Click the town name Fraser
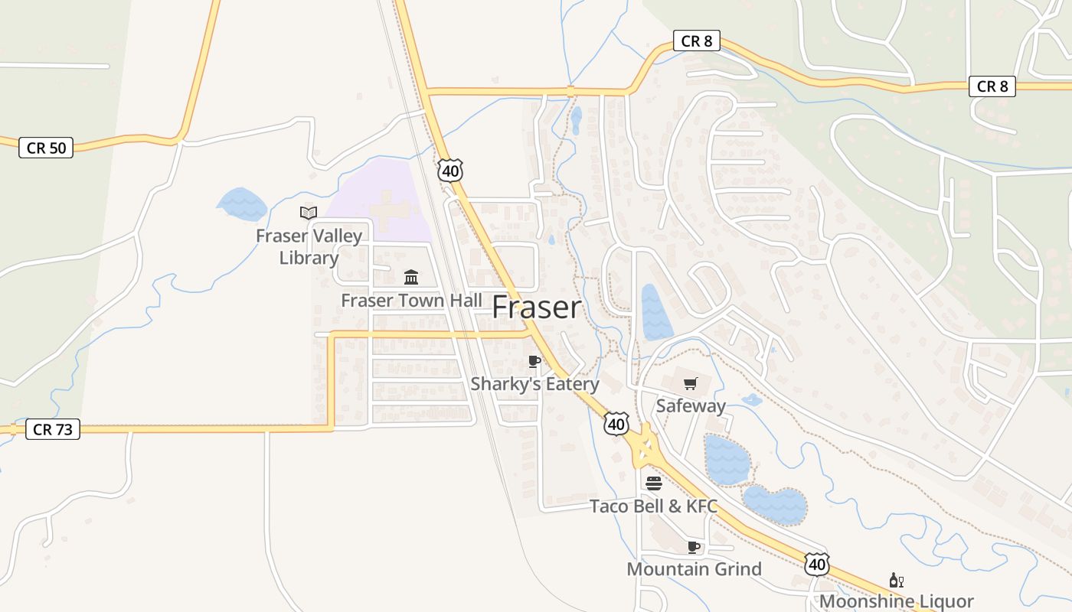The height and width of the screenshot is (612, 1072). pos(536,308)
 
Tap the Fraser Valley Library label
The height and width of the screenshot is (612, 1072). pos(309,246)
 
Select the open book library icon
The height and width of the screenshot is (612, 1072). pos(309,213)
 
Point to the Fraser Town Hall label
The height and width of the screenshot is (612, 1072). pos(411,301)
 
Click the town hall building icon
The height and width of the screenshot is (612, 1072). pos(411,277)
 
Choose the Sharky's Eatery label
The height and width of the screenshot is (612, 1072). pos(534,384)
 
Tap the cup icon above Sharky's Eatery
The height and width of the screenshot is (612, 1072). pos(534,361)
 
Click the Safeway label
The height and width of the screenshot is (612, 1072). pos(691,406)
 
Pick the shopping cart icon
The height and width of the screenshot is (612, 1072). pos(691,383)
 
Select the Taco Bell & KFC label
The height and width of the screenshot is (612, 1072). pos(653,506)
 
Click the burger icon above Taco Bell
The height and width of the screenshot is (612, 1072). pos(653,483)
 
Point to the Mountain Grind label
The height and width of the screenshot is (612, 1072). pos(694,569)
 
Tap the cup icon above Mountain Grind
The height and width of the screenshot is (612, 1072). pos(694,547)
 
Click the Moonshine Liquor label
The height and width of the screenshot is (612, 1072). pos(896,602)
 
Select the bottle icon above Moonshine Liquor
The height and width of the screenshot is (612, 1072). pos(896,581)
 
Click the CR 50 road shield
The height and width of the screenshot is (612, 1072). pos(46,148)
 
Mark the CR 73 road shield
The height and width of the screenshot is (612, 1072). pos(53,429)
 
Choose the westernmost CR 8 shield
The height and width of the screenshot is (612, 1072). pos(697,41)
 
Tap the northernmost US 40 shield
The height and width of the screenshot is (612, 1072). pos(450,171)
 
